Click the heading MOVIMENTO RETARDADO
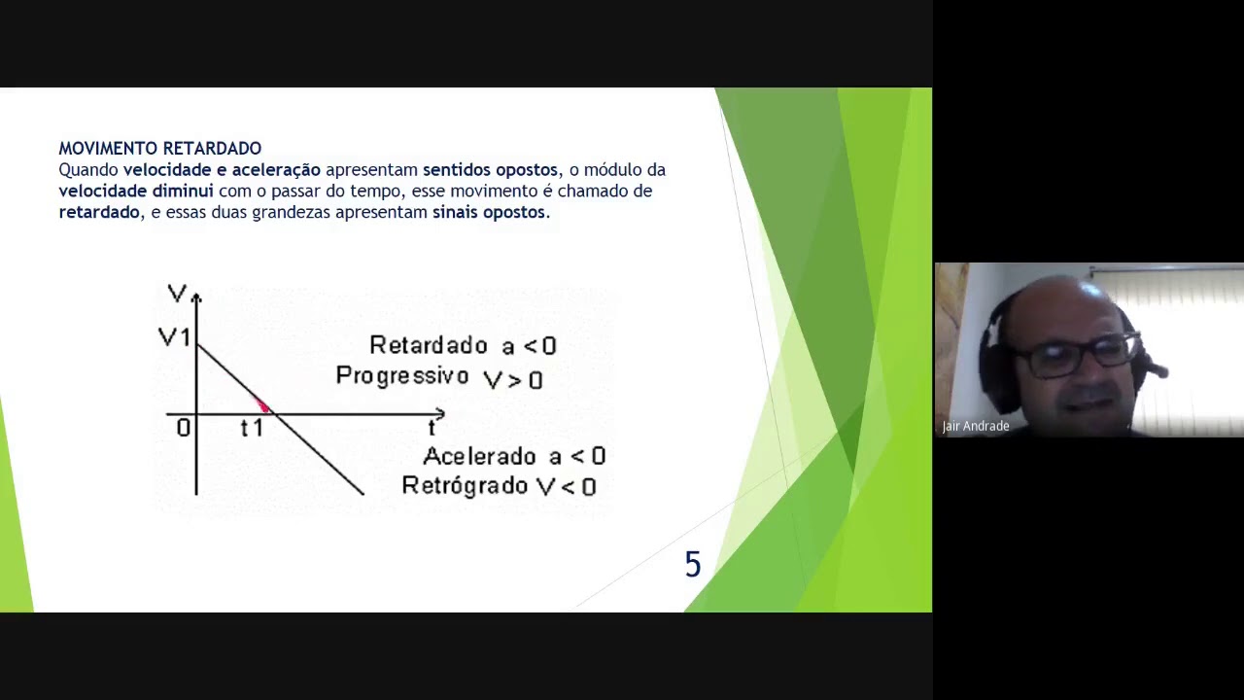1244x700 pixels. coord(159,148)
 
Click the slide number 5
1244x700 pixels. coord(692,565)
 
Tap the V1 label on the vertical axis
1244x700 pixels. coord(174,337)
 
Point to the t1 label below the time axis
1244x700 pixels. coord(252,429)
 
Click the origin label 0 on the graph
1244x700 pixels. coord(183,428)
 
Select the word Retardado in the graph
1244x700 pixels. coord(429,345)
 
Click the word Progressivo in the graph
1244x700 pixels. coord(402,376)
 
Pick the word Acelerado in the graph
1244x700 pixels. coord(479,456)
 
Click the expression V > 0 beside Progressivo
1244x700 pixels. coord(512,379)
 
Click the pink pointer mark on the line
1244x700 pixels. coord(262,405)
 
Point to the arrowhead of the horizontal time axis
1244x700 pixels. coord(439,415)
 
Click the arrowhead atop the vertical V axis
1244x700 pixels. coord(196,297)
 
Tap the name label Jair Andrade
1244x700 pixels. coord(976,426)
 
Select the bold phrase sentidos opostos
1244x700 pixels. coord(490,170)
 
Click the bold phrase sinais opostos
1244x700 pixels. coord(489,212)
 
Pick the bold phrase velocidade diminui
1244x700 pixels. coord(135,192)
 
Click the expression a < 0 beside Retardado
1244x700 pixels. coord(529,346)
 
